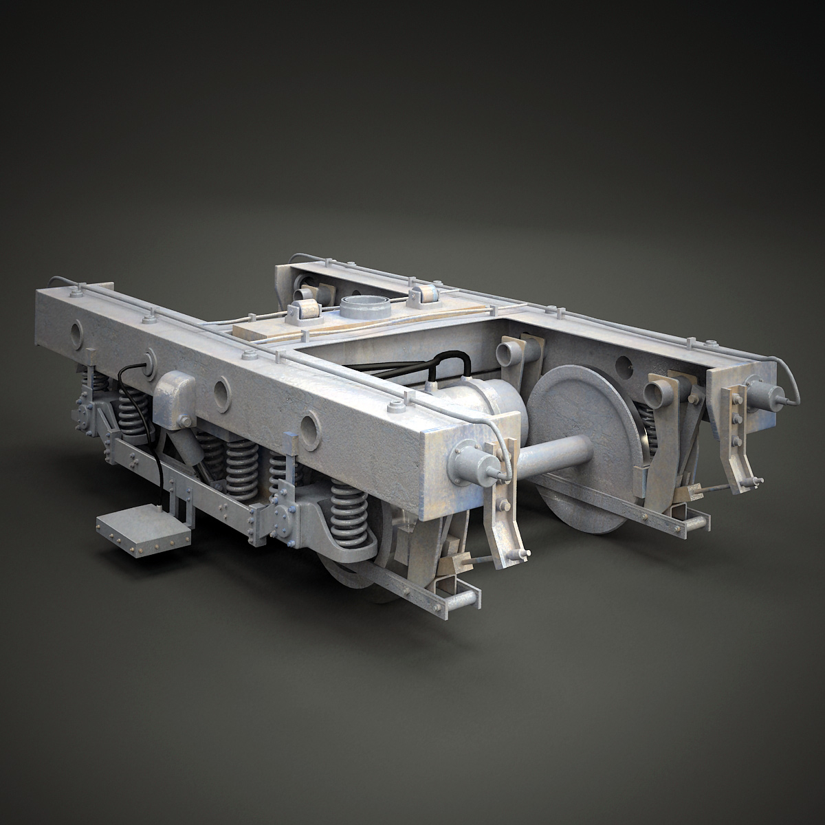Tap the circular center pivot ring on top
[x=360, y=307]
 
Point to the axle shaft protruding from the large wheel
[x=553, y=453]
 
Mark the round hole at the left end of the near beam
[x=74, y=334]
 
